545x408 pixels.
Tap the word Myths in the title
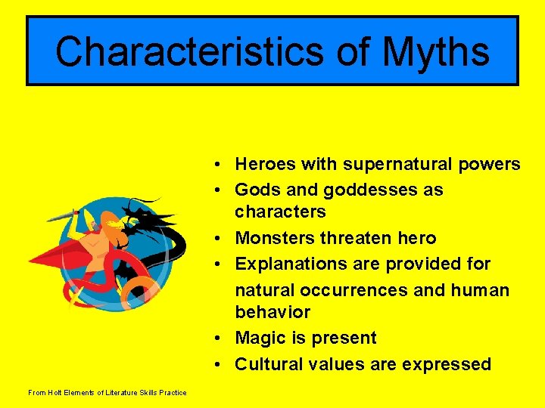click(436, 52)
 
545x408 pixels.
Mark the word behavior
click(272, 312)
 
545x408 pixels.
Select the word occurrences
click(371, 290)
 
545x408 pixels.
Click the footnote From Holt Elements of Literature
click(107, 392)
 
